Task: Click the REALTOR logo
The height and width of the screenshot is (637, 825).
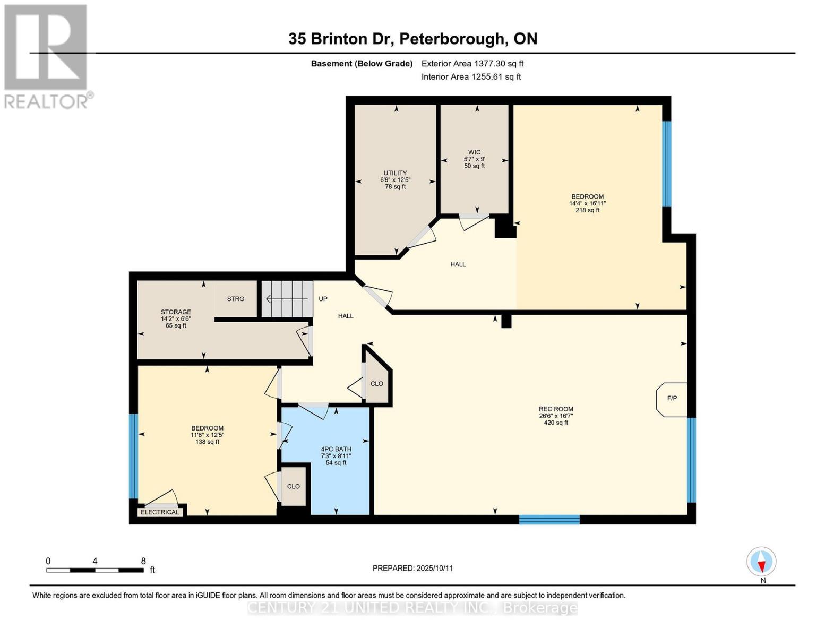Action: [47, 56]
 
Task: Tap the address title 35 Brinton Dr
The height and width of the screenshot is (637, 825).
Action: [413, 39]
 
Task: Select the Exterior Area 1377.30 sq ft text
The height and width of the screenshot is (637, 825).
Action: [472, 64]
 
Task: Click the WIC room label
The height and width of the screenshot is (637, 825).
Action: [474, 159]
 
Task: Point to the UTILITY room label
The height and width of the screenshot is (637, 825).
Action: [395, 179]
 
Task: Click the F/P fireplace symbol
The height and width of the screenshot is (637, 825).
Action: [672, 399]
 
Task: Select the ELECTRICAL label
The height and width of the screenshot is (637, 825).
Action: [160, 512]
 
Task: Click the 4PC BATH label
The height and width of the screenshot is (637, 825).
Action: [336, 455]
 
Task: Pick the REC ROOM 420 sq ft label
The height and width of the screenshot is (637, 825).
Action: [556, 416]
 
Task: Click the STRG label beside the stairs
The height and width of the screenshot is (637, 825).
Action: [236, 299]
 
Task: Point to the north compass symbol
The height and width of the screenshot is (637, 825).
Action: [762, 562]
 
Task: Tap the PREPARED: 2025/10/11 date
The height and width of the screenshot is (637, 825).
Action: [413, 568]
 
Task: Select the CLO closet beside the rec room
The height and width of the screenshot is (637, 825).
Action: [377, 383]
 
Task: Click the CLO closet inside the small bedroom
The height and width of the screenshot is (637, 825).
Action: [293, 486]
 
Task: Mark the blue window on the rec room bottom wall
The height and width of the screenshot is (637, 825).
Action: [549, 520]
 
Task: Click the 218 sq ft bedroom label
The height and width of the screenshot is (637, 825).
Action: [587, 203]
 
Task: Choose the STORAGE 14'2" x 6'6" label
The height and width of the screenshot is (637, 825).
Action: [176, 318]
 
